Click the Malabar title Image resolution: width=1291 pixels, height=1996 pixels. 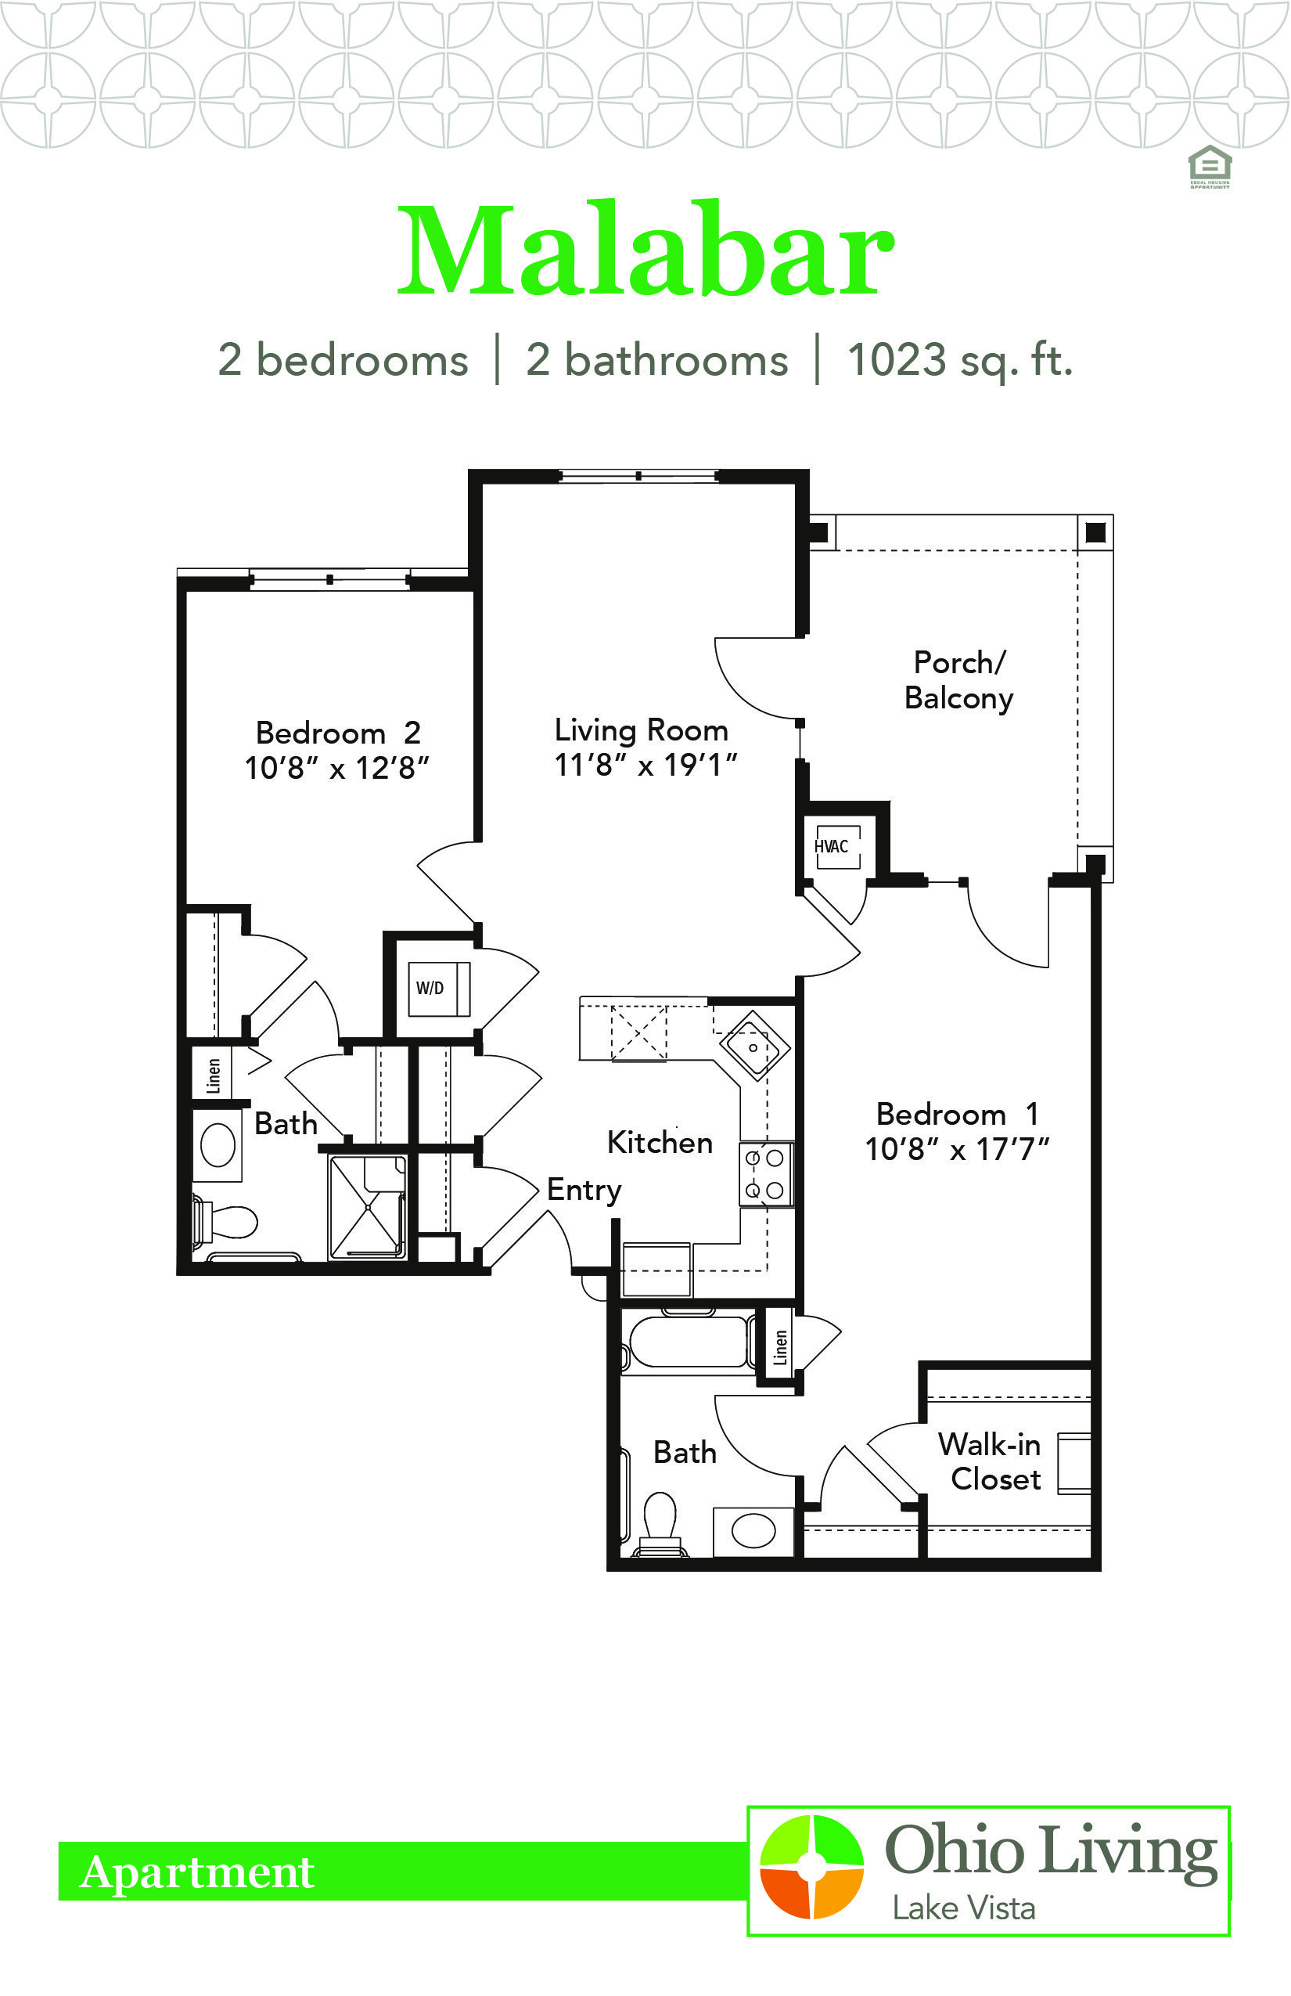click(645, 249)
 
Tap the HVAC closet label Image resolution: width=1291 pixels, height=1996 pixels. click(831, 846)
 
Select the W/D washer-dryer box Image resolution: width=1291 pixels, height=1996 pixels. click(438, 989)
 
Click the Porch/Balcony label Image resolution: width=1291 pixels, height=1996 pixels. click(959, 680)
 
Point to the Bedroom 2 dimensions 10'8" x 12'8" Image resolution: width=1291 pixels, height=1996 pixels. click(336, 768)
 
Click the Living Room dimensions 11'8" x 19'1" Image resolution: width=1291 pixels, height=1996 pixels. click(645, 765)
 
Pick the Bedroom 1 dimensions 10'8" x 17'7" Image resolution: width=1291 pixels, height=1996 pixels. click(958, 1149)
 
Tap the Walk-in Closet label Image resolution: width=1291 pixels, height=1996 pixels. click(990, 1462)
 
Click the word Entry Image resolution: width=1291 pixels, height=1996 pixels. click(584, 1190)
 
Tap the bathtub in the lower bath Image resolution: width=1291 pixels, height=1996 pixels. click(688, 1343)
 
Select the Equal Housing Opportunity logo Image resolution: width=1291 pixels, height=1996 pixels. click(1210, 167)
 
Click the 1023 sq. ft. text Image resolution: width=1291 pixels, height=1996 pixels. click(960, 361)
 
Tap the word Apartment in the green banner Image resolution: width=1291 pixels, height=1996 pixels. click(197, 1872)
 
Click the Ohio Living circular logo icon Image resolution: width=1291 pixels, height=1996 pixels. click(811, 1868)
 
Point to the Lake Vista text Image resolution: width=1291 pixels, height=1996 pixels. click(963, 1909)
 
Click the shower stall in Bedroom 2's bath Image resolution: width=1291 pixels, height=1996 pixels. click(368, 1207)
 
